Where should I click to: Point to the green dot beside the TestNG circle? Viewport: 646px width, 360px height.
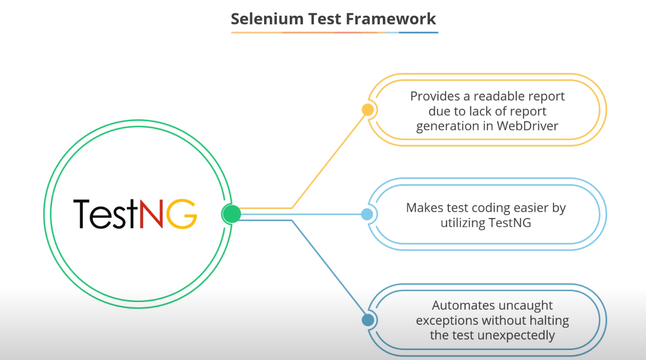231,214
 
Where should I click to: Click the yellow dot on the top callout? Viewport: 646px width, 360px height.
368,110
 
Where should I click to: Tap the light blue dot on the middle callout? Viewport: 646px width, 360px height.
367,214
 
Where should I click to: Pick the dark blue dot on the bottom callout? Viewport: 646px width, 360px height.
368,320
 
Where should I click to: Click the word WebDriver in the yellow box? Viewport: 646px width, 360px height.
528,126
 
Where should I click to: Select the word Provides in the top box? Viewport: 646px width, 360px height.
431,96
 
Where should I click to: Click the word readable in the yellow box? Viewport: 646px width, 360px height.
496,96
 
